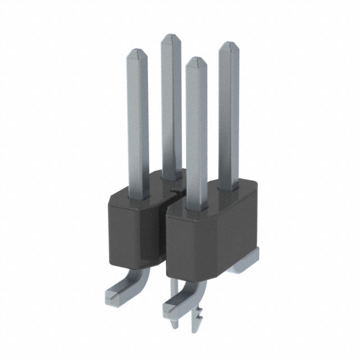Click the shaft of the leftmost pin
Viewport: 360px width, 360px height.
pyautogui.click(x=138, y=124)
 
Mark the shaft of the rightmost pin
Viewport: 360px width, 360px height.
pyautogui.click(x=228, y=112)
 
